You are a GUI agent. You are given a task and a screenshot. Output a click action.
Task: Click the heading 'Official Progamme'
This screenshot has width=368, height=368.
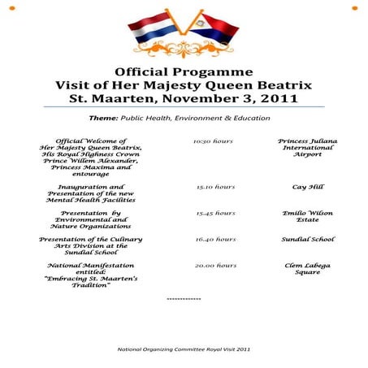pyautogui.click(x=184, y=71)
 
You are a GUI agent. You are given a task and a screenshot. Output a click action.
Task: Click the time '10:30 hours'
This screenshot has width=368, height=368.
pyautogui.click(x=214, y=141)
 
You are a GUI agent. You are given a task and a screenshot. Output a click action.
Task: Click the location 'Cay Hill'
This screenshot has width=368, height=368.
pyautogui.click(x=307, y=187)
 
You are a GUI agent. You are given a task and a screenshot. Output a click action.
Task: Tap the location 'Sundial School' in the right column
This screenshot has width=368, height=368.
pyautogui.click(x=307, y=240)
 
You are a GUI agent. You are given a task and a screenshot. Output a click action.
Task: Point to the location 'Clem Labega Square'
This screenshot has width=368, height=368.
pyautogui.click(x=307, y=270)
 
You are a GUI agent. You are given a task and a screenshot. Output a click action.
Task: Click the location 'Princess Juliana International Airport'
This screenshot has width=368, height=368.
pyautogui.click(x=307, y=147)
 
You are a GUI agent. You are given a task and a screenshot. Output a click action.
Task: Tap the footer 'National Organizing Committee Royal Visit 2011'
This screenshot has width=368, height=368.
pyautogui.click(x=184, y=349)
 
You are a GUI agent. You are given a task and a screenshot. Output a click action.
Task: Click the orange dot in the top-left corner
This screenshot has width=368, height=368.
pyautogui.click(x=12, y=7)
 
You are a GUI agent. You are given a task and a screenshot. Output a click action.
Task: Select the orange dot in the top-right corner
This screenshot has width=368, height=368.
pyautogui.click(x=355, y=7)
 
